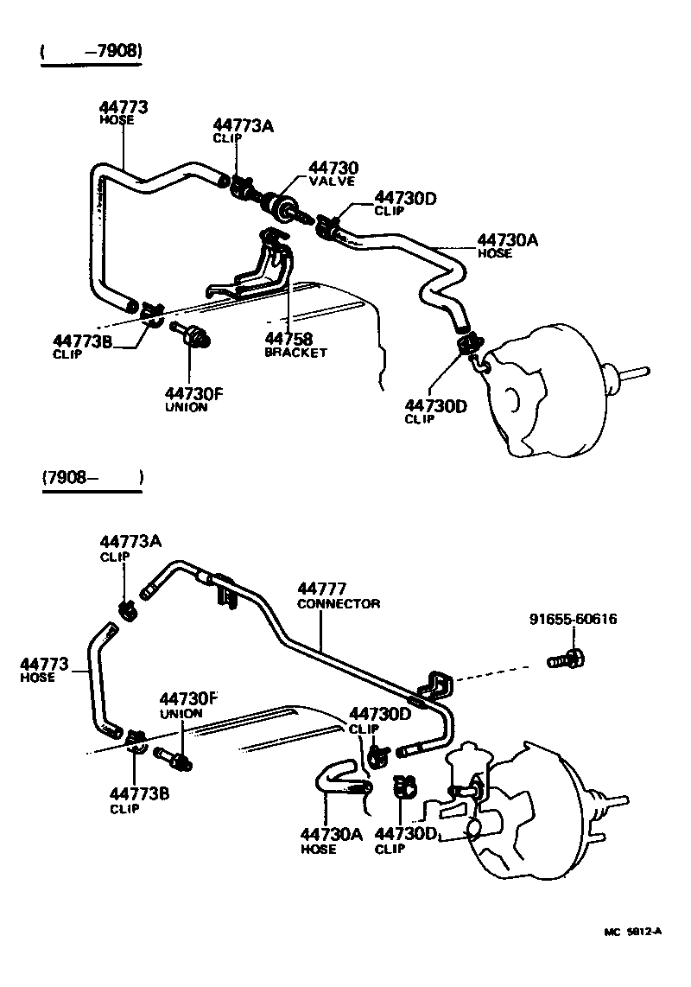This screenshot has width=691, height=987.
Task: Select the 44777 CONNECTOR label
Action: (x=338, y=595)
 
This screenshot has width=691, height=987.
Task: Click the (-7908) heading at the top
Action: (x=91, y=53)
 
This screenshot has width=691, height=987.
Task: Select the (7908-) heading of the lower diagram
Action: (x=91, y=477)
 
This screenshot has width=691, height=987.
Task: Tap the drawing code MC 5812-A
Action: (x=632, y=931)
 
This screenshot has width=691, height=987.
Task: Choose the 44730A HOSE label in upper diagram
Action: (x=507, y=245)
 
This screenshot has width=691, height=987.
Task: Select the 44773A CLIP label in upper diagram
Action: (x=243, y=131)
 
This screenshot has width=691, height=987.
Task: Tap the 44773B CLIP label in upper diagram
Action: (x=83, y=346)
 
